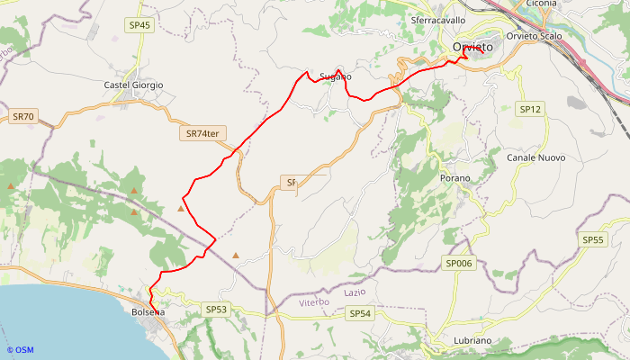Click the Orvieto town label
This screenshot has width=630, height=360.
473,47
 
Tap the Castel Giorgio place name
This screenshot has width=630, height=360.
133,85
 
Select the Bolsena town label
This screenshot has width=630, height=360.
148,312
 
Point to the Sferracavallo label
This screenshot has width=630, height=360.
437,20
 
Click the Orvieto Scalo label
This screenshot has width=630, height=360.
535,36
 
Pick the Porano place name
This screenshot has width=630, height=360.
455,178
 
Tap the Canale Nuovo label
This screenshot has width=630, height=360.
536,157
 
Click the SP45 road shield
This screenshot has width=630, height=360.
139,26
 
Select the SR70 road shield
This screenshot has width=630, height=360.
23,117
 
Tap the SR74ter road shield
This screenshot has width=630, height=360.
203,133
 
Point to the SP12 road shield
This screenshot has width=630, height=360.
531,109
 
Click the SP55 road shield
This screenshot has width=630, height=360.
592,240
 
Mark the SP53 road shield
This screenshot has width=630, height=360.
216,310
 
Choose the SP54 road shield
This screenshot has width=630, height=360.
360,313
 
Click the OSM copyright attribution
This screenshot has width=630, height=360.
20,350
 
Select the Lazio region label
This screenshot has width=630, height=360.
355,293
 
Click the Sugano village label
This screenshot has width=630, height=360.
335,77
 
